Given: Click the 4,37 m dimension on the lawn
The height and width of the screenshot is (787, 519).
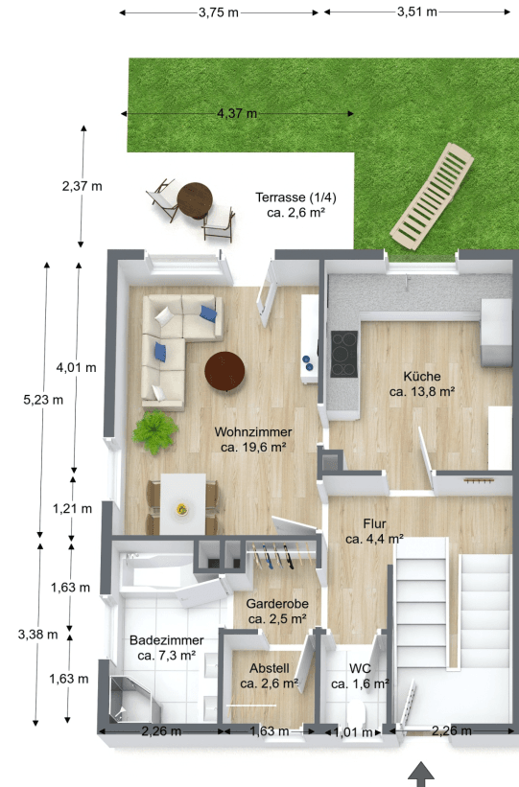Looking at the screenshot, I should pyautogui.click(x=237, y=113).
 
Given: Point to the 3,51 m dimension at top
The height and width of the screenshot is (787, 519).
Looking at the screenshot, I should pyautogui.click(x=416, y=12).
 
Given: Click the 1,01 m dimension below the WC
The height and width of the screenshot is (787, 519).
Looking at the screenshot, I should pyautogui.click(x=352, y=731).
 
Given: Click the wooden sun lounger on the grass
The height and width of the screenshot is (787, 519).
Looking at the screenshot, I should pyautogui.click(x=433, y=195).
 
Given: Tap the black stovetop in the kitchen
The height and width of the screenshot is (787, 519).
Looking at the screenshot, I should pyautogui.click(x=343, y=354).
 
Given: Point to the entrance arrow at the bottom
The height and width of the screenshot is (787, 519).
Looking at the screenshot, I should pyautogui.click(x=423, y=775).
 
